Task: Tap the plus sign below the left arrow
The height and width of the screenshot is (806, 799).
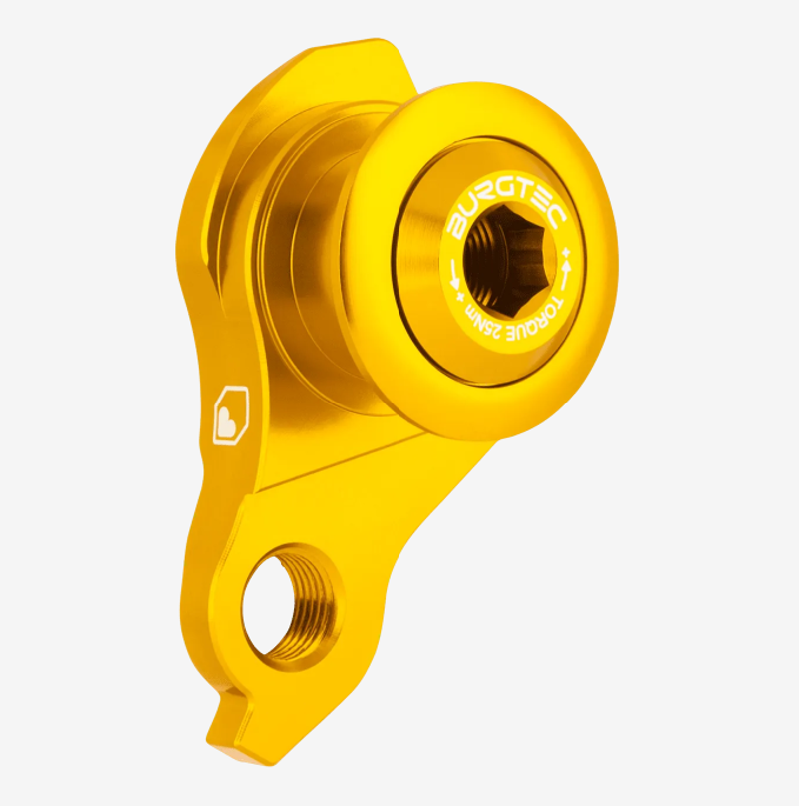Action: pyautogui.click(x=457, y=296)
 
